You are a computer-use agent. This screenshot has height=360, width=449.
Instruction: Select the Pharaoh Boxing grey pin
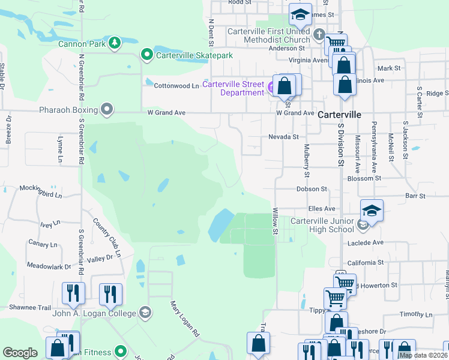point(107,110)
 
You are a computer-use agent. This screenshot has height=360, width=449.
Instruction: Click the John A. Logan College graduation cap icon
point(144,312)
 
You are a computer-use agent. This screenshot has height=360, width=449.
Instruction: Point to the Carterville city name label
point(339,114)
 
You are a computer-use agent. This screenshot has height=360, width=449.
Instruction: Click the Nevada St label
point(283,137)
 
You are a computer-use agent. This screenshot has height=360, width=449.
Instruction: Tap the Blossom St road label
point(364,178)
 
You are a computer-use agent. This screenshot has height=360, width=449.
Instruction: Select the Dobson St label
point(311,188)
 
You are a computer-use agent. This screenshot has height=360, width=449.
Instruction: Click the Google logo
point(20,353)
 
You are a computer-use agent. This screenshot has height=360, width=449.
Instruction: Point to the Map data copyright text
point(423,355)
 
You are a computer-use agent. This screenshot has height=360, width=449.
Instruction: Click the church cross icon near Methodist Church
point(319,35)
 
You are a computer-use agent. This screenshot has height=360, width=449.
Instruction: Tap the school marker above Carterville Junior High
point(372,210)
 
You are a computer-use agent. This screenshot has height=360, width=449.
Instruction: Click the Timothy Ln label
point(412,314)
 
